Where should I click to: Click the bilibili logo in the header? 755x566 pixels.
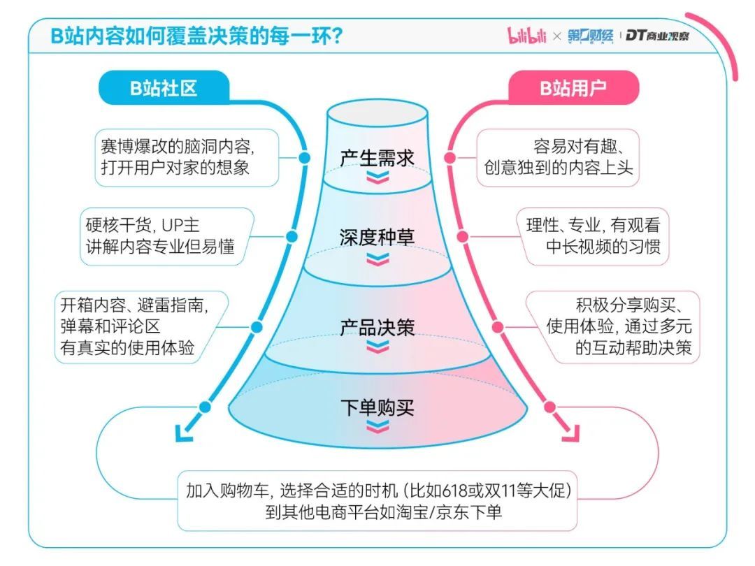pyautogui.click(x=527, y=36)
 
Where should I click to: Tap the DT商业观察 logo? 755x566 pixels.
pyautogui.click(x=657, y=36)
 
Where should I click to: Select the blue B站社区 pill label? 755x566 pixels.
pyautogui.click(x=164, y=88)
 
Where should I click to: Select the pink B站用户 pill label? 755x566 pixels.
pyautogui.click(x=573, y=88)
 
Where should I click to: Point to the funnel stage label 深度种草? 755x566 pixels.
pyautogui.click(x=377, y=237)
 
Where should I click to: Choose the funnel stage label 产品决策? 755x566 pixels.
pyautogui.click(x=377, y=327)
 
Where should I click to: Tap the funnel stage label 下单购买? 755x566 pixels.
pyautogui.click(x=377, y=407)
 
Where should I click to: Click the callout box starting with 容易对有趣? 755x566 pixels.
pyautogui.click(x=558, y=157)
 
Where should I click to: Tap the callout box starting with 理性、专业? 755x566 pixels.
pyautogui.click(x=593, y=236)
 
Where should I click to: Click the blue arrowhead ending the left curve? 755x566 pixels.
pyautogui.click(x=183, y=435)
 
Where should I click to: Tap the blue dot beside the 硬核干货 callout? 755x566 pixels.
pyautogui.click(x=278, y=236)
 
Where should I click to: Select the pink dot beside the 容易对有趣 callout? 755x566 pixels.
pyautogui.click(x=451, y=158)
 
